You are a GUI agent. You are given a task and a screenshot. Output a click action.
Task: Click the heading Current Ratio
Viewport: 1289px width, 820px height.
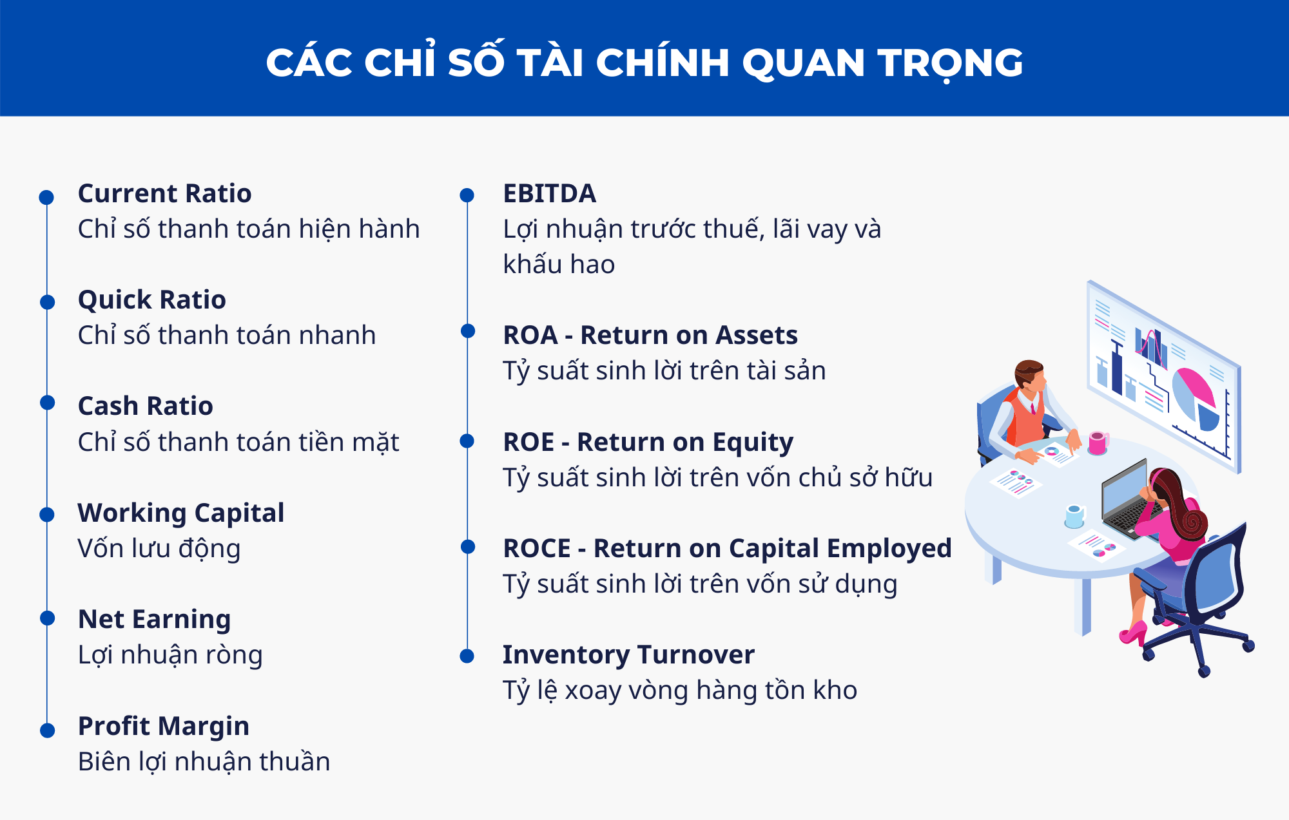(164, 193)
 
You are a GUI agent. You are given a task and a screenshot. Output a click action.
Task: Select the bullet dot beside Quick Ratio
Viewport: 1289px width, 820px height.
(47, 301)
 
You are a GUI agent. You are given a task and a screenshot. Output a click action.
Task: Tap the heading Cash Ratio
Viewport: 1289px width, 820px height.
(145, 406)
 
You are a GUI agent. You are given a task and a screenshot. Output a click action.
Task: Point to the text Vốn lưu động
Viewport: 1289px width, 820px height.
(159, 548)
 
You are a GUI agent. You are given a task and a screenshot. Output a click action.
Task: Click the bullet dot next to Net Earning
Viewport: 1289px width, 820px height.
(47, 618)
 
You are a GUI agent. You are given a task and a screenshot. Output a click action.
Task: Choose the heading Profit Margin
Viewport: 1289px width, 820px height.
(164, 726)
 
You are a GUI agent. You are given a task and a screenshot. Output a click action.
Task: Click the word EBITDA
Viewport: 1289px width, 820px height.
(550, 193)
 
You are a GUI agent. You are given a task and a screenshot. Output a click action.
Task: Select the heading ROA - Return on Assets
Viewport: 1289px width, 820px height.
(650, 335)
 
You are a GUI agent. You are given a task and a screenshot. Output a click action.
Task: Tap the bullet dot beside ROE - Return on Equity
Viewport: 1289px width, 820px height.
(467, 441)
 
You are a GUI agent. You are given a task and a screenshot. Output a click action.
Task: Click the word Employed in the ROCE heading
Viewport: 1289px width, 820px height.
(889, 549)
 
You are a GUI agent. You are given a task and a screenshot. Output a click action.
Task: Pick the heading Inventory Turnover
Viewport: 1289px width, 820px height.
(628, 654)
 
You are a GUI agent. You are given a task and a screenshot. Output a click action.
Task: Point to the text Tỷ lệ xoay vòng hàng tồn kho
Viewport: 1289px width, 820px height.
(680, 691)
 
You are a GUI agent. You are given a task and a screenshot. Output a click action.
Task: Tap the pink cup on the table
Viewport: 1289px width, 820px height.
(1098, 443)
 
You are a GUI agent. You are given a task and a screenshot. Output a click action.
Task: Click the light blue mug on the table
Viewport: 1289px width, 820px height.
(1074, 516)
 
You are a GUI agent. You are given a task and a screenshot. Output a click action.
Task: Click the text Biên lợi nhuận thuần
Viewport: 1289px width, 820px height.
(204, 761)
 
